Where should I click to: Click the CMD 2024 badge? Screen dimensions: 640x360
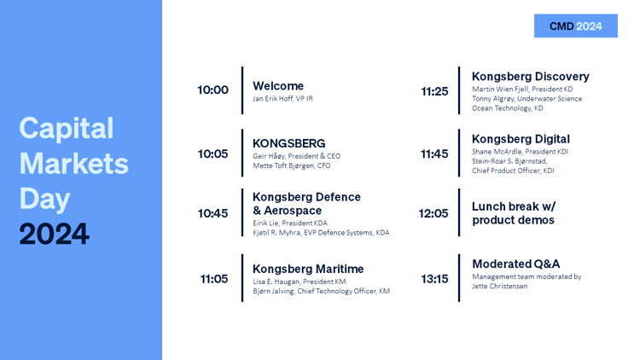tap(575, 26)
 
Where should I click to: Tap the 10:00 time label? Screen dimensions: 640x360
tap(212, 90)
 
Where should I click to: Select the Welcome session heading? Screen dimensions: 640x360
tap(278, 85)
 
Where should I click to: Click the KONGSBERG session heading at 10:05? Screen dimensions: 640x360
tap(289, 143)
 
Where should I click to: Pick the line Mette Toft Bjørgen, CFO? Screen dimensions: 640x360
tap(292, 165)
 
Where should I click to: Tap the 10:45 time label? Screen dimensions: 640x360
tap(212, 213)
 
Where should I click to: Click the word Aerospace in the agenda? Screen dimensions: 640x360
tap(293, 211)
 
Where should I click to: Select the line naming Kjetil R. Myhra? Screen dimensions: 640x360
tap(321, 233)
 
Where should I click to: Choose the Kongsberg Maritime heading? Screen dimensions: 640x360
tap(308, 269)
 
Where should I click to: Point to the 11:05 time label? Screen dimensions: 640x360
tap(214, 279)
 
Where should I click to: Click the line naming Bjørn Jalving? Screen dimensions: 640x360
tap(321, 291)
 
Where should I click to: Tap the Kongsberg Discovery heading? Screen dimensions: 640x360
tap(531, 76)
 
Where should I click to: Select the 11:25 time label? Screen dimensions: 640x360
tap(434, 91)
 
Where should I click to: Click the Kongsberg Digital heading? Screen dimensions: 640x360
tap(521, 139)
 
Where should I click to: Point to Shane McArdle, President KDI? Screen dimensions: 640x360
tap(520, 152)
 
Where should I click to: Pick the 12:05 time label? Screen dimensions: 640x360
tap(433, 213)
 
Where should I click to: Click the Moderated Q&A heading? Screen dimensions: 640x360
tap(516, 264)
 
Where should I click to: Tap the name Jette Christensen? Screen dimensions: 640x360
tap(499, 286)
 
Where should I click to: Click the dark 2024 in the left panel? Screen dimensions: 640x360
tap(55, 234)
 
